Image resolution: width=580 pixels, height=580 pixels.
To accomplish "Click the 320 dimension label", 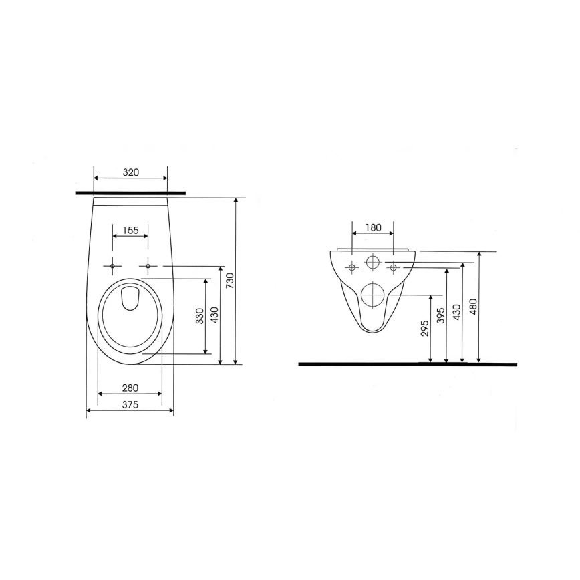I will click(130, 172).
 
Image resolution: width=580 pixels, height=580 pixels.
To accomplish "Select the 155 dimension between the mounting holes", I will click(130, 230).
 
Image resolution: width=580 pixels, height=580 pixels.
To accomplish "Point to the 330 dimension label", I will click(200, 316).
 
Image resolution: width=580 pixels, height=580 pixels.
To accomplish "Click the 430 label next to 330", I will click(214, 316).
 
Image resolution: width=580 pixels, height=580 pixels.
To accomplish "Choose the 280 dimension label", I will click(130, 387).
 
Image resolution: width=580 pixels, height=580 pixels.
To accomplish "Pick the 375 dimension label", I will click(130, 404).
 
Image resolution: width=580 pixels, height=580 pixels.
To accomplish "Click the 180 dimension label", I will click(374, 227).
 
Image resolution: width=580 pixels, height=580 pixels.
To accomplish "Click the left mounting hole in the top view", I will click(112, 266).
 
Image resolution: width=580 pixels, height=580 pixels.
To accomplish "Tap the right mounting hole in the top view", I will click(148, 266).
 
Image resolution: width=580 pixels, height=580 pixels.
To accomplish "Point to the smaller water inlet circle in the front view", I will click(373, 262).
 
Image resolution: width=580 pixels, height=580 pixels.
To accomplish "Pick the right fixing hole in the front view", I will click(394, 268).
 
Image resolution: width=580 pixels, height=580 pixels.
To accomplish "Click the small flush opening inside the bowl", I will click(130, 299).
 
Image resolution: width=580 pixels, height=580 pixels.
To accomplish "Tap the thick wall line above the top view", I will click(130, 192).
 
